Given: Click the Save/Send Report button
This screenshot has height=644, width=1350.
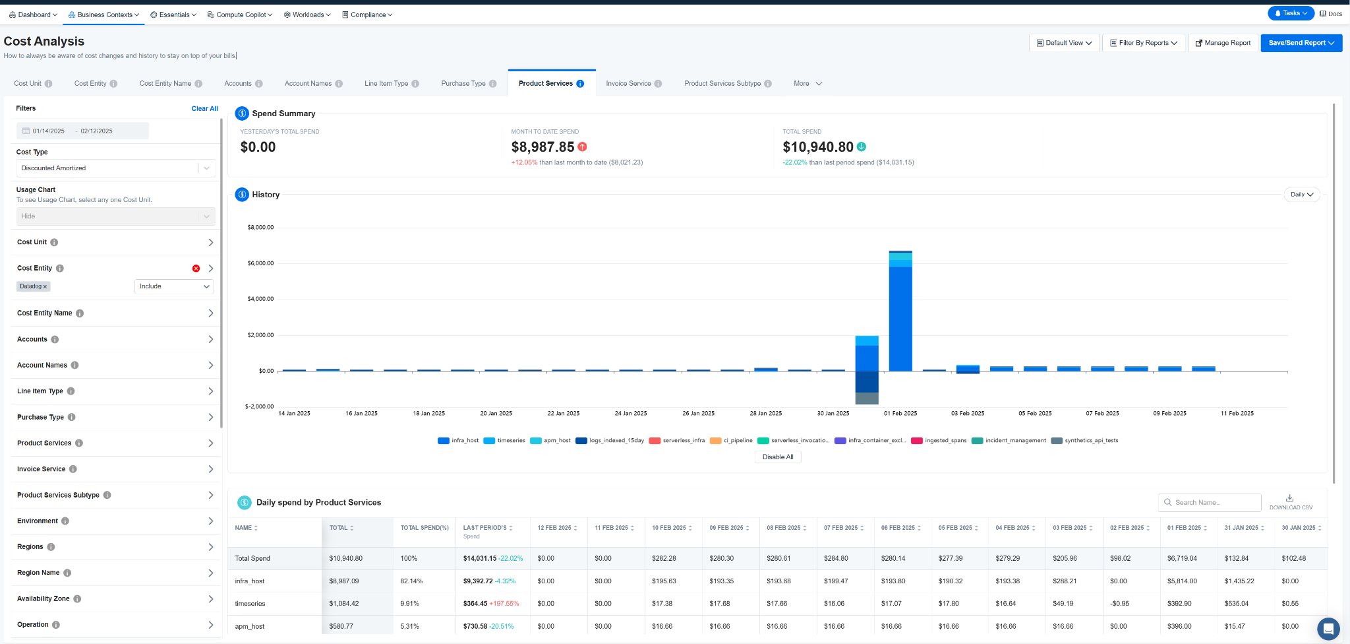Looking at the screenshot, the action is pyautogui.click(x=1301, y=43).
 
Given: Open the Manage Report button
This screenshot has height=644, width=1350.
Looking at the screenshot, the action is pyautogui.click(x=1223, y=43).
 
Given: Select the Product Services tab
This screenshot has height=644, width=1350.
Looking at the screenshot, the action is pyautogui.click(x=551, y=83).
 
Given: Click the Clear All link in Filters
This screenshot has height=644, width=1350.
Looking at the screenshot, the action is pyautogui.click(x=204, y=108).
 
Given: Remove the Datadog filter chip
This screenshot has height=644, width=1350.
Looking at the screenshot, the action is pyautogui.click(x=45, y=286).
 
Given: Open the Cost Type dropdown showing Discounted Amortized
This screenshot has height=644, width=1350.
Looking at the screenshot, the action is pyautogui.click(x=115, y=168).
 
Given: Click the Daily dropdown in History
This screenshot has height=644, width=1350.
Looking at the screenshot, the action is pyautogui.click(x=1302, y=195).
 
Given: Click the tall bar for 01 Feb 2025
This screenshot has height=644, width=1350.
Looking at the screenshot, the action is pyautogui.click(x=900, y=311).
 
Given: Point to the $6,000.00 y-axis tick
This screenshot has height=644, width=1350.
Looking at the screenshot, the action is pyautogui.click(x=260, y=263).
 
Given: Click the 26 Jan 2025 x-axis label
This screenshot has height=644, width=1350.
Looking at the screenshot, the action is pyautogui.click(x=698, y=414).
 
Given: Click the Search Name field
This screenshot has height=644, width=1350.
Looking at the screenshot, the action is pyautogui.click(x=1210, y=503).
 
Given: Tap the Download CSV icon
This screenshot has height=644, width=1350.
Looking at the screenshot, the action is pyautogui.click(x=1290, y=498).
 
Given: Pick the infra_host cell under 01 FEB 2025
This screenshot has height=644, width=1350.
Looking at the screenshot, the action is pyautogui.click(x=1182, y=581).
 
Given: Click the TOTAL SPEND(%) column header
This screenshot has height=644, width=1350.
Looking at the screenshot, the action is pyautogui.click(x=425, y=528).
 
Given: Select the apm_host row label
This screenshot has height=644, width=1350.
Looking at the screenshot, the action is pyautogui.click(x=250, y=626).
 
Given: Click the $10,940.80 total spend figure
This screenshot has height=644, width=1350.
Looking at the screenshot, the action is pyautogui.click(x=818, y=147).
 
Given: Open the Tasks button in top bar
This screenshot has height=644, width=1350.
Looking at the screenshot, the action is pyautogui.click(x=1291, y=13).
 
